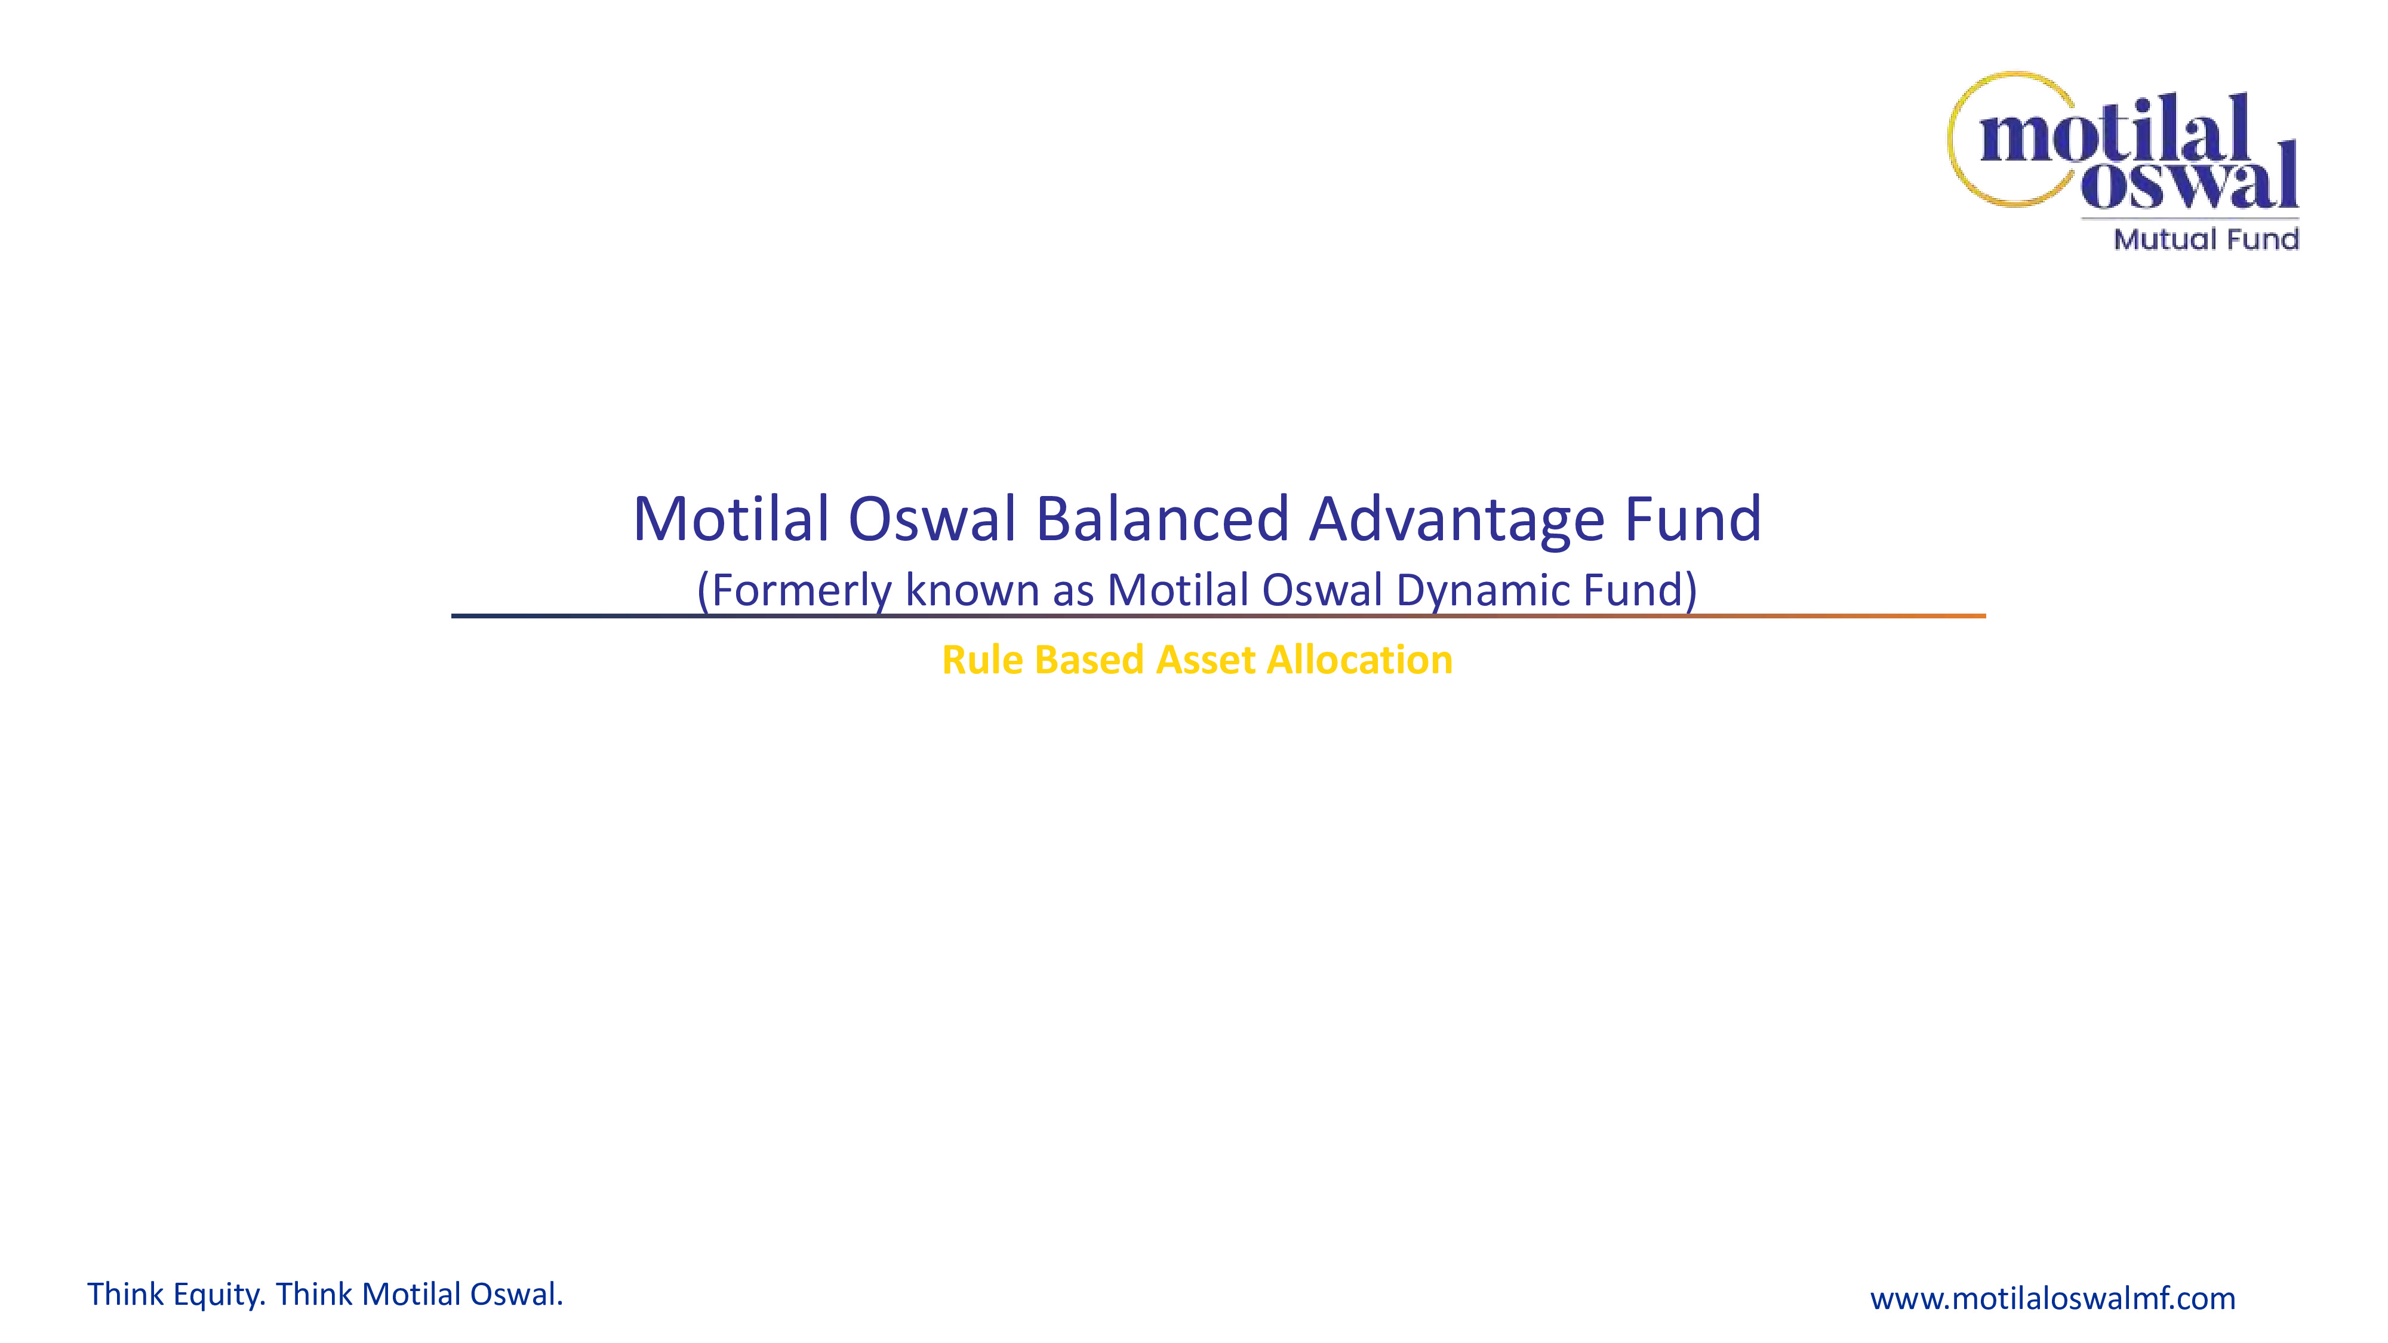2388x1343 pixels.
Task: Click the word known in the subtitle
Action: [973, 590]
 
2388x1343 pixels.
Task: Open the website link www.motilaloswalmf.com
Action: [2052, 1298]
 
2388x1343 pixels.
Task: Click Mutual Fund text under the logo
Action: [2205, 239]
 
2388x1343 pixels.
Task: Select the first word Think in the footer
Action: [126, 1294]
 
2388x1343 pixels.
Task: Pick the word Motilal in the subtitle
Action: [1178, 590]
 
